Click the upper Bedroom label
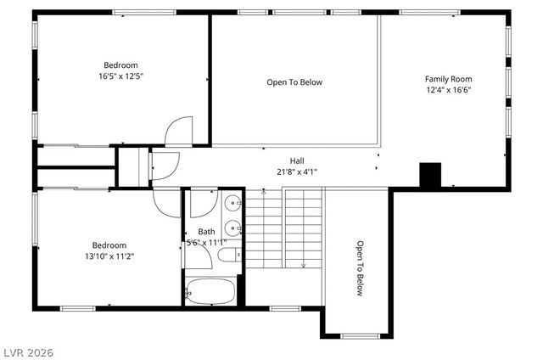click(x=120, y=65)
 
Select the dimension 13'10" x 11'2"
click(x=109, y=256)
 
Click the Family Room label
click(x=448, y=79)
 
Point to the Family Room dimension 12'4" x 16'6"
click(x=448, y=90)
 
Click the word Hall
click(x=297, y=160)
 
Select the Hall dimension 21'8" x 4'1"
click(x=297, y=172)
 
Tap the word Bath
click(x=207, y=231)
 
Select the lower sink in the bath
click(x=232, y=228)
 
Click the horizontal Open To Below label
click(x=294, y=82)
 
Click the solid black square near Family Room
click(x=432, y=173)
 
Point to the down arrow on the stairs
click(x=303, y=265)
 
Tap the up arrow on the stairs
click(x=265, y=195)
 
